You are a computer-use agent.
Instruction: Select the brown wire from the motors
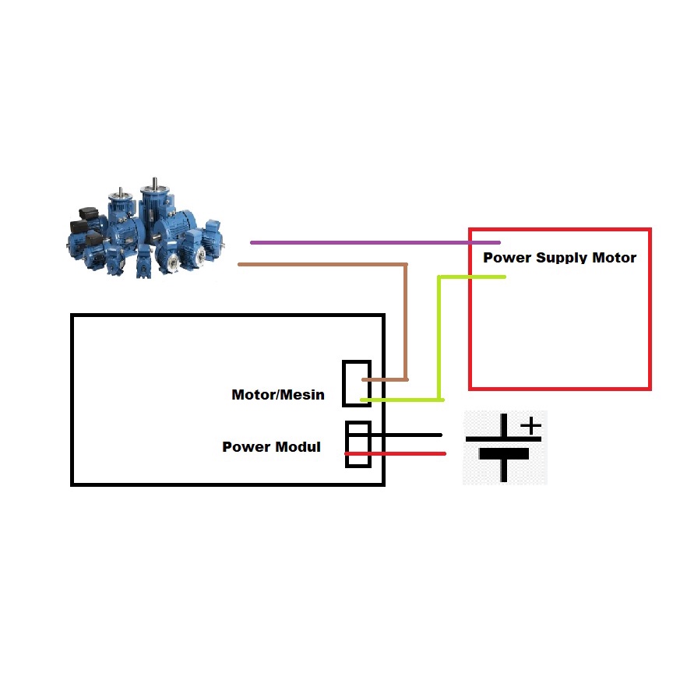click(319, 265)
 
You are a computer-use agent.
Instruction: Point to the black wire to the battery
click(405, 435)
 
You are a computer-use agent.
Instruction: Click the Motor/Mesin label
click(277, 395)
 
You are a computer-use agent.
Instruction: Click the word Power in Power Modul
click(245, 447)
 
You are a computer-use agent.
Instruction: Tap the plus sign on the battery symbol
click(530, 426)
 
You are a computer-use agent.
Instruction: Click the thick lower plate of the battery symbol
click(504, 453)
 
